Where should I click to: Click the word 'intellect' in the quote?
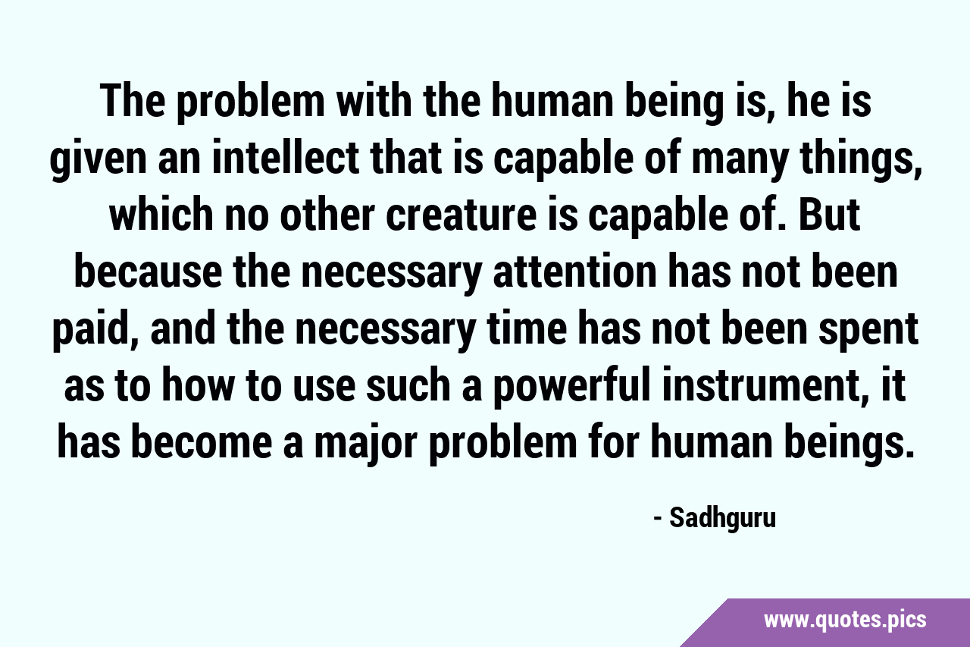[x=285, y=159]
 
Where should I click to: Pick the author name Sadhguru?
[x=723, y=518]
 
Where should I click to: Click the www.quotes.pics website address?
[x=845, y=620]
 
